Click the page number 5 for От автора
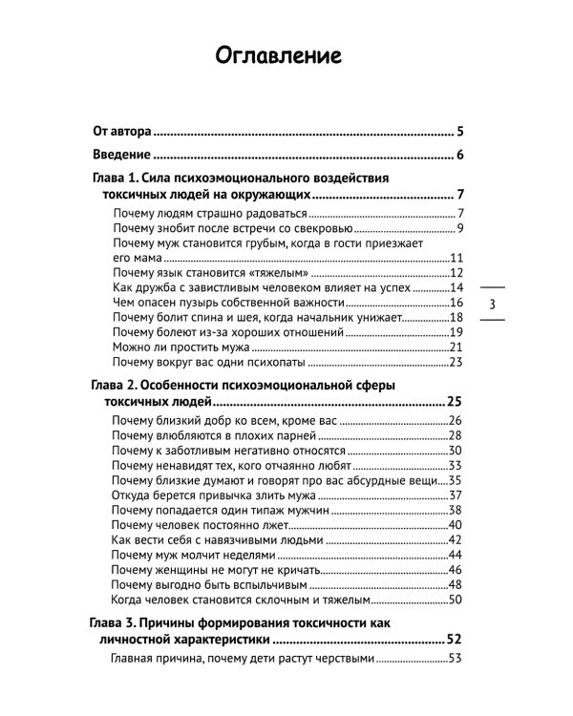point(459,132)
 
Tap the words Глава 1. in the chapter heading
point(116,179)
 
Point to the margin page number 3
point(491,304)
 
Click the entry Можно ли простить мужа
point(180,347)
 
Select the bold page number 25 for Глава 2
point(454,401)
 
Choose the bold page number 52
point(454,640)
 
